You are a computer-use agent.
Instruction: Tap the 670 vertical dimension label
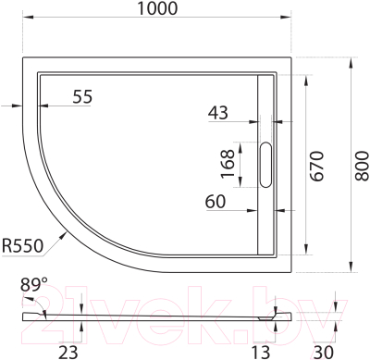315,165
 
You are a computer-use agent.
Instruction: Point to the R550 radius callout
23,246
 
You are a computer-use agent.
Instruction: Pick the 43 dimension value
219,113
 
